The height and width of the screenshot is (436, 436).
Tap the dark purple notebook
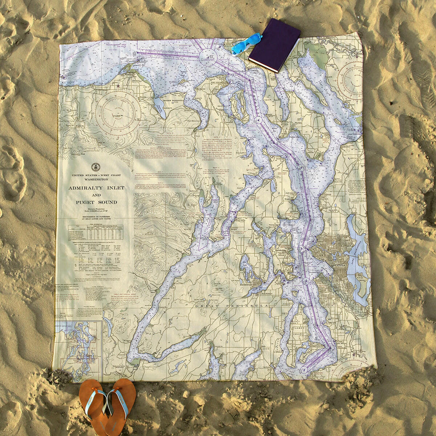275,44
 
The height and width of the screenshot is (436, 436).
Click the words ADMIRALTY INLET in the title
96,188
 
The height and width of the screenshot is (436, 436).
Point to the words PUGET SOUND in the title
96,202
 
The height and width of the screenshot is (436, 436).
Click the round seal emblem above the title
96,167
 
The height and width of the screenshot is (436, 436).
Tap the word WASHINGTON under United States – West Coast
96,179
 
